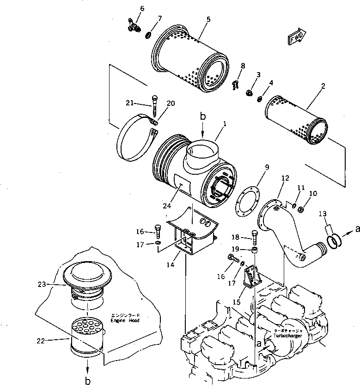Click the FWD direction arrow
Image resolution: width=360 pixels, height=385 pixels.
(x=297, y=38)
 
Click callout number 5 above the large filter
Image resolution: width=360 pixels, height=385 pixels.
(x=208, y=19)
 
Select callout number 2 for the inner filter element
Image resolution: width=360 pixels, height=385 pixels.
(x=323, y=86)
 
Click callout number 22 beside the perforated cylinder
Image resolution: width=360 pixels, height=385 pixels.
(x=41, y=341)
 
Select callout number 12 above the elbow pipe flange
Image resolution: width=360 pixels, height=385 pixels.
(x=285, y=178)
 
